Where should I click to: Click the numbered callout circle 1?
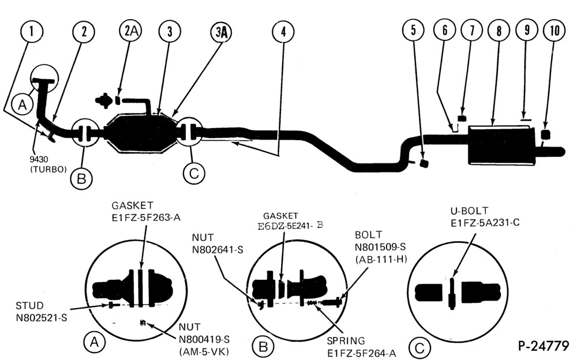coord(32,31)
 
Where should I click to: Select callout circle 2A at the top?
coord(131,31)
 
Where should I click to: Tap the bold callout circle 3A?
coord(222,32)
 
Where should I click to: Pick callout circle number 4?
coord(283,32)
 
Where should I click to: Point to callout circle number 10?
coord(554,31)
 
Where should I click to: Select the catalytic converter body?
coord(138,133)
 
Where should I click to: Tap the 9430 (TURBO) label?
coord(48,164)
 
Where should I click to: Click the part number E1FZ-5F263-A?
coord(146,217)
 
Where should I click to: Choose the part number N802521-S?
coord(42,317)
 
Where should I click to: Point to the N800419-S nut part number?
coord(204,339)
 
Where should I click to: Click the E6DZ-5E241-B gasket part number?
coord(290,226)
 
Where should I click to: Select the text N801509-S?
coord(380,247)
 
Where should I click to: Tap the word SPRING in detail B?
coord(346,341)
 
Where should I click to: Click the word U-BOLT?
coord(469,211)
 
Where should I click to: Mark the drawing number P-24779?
coord(544,346)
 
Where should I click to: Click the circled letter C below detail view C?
coord(419,348)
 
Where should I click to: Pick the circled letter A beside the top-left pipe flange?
coord(23,105)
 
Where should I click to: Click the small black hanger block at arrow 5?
coord(424,163)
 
